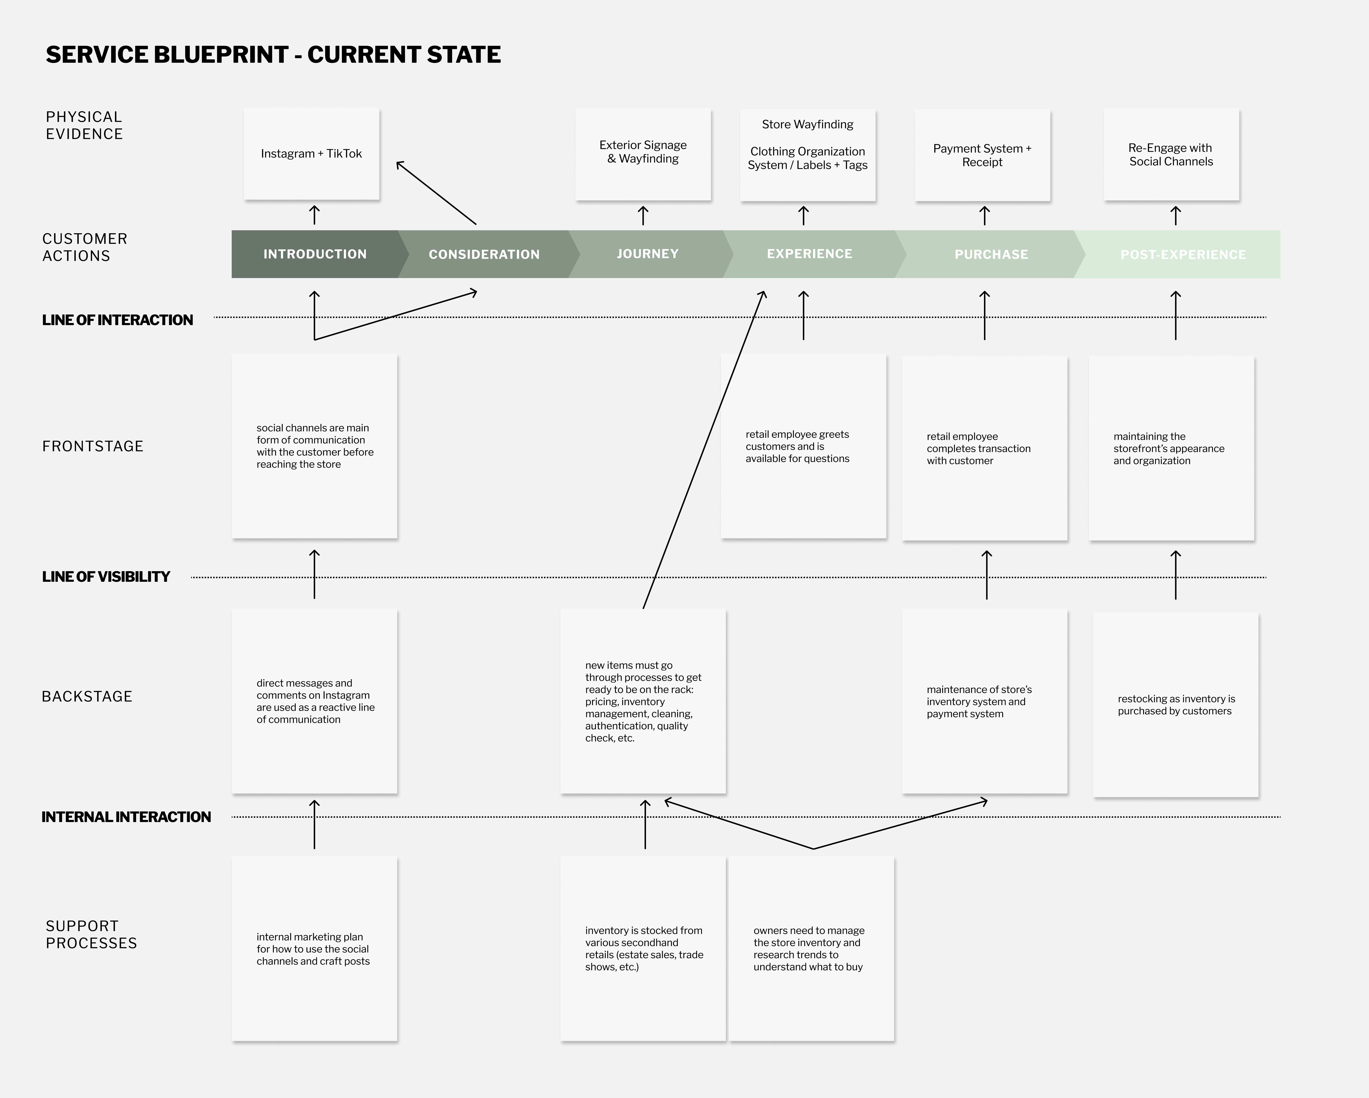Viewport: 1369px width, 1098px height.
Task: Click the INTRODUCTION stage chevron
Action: click(x=315, y=254)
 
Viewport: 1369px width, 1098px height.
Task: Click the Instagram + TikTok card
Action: click(x=311, y=154)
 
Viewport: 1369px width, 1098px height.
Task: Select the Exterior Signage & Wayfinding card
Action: click(x=643, y=154)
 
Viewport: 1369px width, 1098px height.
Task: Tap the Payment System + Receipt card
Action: click(x=982, y=155)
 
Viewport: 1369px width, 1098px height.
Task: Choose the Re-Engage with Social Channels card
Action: click(x=1171, y=154)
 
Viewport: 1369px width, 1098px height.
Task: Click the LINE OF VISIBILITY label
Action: click(x=106, y=577)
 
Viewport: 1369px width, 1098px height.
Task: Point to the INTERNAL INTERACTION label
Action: click(x=126, y=817)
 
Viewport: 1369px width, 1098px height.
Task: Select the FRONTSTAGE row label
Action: click(x=93, y=446)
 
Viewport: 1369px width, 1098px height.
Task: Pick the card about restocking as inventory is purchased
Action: click(x=1175, y=705)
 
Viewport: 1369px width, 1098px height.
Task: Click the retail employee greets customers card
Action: click(x=803, y=446)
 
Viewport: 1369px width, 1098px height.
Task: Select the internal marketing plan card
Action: click(x=314, y=949)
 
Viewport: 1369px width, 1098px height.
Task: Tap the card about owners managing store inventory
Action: click(x=811, y=949)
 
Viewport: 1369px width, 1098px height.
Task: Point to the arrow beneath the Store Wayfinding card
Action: click(x=803, y=215)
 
